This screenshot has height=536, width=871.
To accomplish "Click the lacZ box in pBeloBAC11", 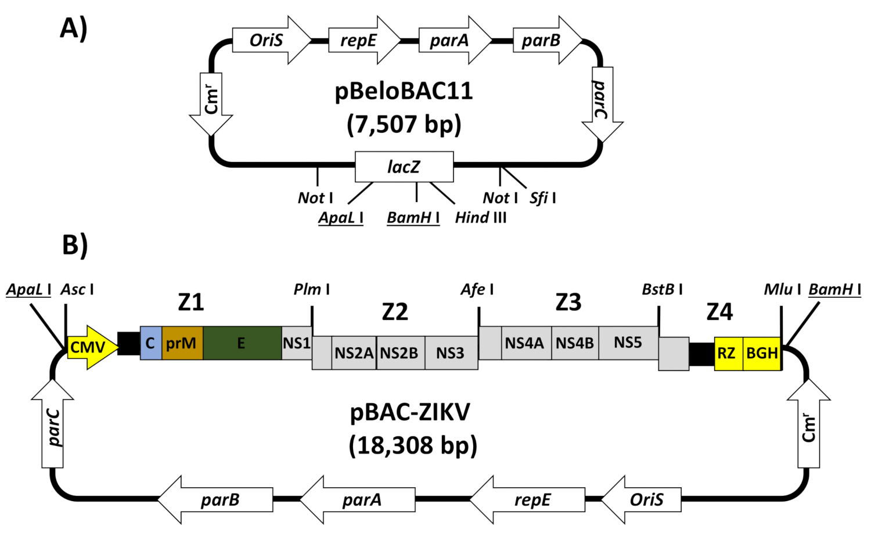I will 404,167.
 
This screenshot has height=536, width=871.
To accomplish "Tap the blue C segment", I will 150,343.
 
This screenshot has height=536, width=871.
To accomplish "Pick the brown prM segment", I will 182,343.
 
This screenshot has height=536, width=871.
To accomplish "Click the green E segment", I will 242,343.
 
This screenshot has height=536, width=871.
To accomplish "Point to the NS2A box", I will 354,352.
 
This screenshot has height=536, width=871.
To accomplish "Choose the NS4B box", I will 574,343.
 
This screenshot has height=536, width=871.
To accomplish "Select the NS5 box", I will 628,343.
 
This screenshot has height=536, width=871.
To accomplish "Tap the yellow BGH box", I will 762,352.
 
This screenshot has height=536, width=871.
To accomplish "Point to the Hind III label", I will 481,218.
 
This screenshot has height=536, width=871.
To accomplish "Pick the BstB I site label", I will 662,289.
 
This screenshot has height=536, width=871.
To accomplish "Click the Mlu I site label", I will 782,289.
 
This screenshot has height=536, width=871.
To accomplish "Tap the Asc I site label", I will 77,289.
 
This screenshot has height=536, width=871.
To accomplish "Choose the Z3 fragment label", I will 568,303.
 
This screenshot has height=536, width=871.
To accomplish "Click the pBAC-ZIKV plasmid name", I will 410,412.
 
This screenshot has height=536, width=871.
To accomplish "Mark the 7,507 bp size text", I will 404,124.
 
